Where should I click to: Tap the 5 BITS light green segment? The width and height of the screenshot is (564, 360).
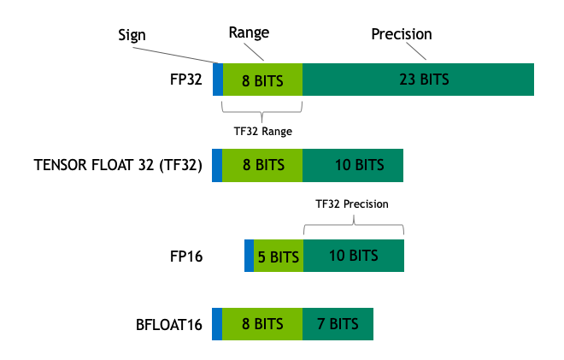click(x=279, y=257)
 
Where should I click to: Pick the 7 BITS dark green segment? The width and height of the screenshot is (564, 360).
click(x=338, y=324)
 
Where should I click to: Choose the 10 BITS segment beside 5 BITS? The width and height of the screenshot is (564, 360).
click(x=353, y=256)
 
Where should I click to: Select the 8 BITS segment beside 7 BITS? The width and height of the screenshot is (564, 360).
click(x=261, y=324)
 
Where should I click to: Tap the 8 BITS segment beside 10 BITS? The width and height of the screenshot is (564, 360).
click(x=261, y=165)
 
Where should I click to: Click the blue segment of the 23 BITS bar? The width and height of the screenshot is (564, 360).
click(x=218, y=80)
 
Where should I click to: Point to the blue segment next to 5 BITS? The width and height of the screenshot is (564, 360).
click(x=249, y=256)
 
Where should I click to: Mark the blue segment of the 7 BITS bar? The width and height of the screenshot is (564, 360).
click(x=217, y=324)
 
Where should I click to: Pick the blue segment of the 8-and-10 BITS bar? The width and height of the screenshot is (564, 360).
click(x=217, y=165)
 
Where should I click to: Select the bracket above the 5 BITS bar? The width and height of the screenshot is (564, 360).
click(x=353, y=226)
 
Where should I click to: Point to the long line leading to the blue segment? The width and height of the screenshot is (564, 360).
click(x=175, y=56)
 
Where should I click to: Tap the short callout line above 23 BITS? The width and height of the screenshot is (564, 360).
click(x=415, y=50)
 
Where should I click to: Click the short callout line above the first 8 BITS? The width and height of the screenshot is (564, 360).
click(x=254, y=52)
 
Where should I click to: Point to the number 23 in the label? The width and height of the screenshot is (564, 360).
click(x=407, y=80)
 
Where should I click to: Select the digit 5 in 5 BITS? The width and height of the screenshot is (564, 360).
click(x=261, y=257)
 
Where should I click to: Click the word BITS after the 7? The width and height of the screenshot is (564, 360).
click(x=344, y=324)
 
